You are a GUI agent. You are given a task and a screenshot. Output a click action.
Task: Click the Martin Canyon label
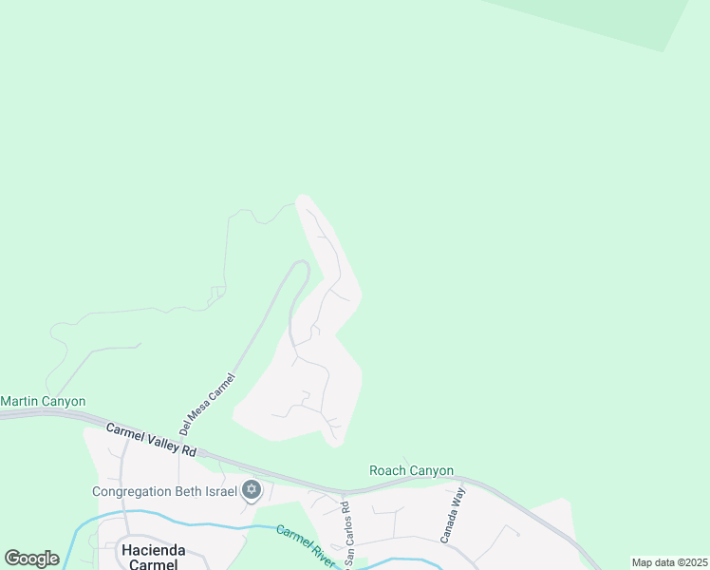point(43,402)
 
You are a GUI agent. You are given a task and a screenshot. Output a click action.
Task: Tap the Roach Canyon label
point(411,470)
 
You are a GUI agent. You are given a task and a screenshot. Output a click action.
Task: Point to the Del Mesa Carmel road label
point(207,404)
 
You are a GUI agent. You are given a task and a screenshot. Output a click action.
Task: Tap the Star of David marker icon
point(252,490)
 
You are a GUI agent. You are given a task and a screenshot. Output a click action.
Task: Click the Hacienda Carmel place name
point(149,556)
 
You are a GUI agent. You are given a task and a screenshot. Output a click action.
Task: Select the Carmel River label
point(306,546)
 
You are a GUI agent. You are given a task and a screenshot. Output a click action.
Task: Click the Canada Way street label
point(453,515)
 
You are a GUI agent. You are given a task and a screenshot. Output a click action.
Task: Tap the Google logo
point(31,559)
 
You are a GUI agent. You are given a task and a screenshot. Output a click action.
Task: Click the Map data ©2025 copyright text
point(669,562)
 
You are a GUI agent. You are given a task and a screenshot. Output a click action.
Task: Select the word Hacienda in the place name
point(149,549)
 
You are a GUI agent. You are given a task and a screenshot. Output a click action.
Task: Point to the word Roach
point(387,470)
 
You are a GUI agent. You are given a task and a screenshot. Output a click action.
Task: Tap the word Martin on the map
point(20,402)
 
